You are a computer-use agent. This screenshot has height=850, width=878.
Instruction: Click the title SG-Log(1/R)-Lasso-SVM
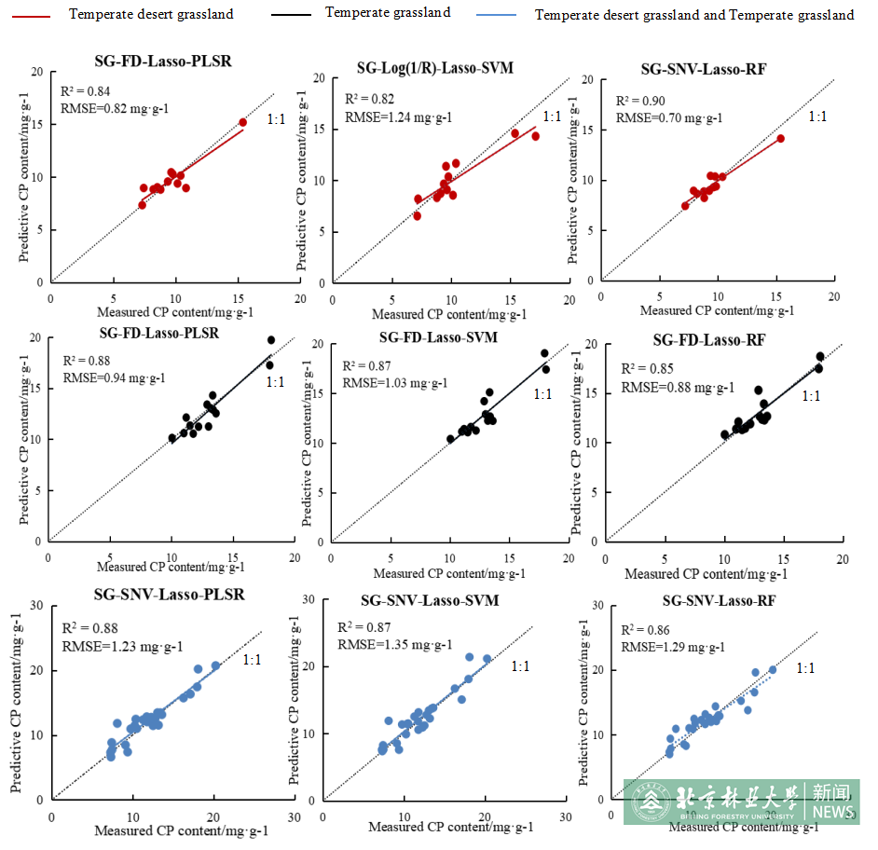coord(434,68)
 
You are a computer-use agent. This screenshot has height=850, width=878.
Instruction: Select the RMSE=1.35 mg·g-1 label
coord(394,644)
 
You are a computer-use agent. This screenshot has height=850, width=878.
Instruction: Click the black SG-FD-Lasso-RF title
coord(709,340)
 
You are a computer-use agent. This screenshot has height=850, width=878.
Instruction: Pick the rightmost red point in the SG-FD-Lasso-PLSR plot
coord(242,122)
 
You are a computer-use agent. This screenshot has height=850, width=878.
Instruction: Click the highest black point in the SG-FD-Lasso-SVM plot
coord(544,353)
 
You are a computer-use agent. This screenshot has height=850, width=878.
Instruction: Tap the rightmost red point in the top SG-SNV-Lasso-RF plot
coord(780,139)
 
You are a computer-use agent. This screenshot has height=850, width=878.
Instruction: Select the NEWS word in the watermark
coord(832,812)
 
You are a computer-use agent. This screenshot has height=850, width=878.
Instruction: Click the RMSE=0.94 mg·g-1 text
coord(114,377)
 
